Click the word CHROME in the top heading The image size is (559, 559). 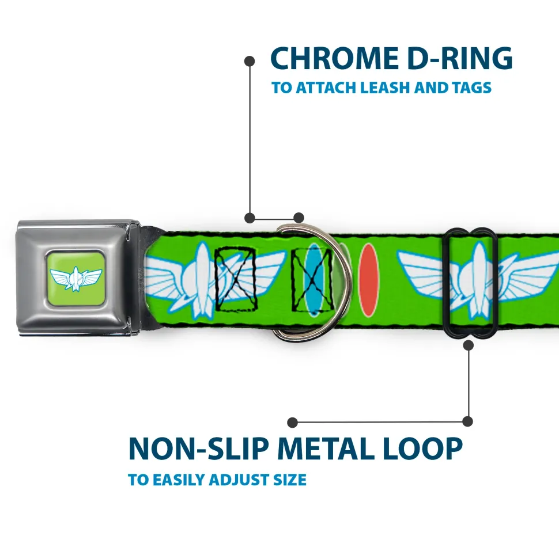coord(334,58)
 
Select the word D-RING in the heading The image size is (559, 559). coord(460,58)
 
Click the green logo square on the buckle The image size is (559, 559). coord(76,278)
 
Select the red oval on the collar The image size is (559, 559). coord(368,280)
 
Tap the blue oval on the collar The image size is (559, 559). coord(314,280)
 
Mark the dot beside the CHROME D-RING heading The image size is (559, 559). coord(250,62)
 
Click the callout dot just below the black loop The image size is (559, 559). coord(469,345)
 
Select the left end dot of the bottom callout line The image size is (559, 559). coord(292,423)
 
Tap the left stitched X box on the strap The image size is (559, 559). coord(236,279)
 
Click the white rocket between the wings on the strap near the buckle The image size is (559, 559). coord(202,280)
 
